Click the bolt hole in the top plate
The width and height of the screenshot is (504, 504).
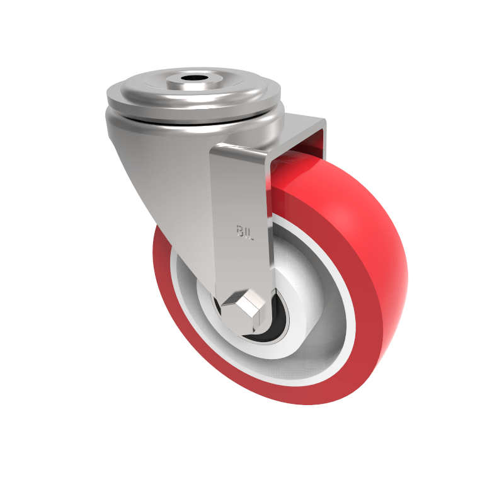point(193,81)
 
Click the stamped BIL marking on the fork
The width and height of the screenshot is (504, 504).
point(245,231)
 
